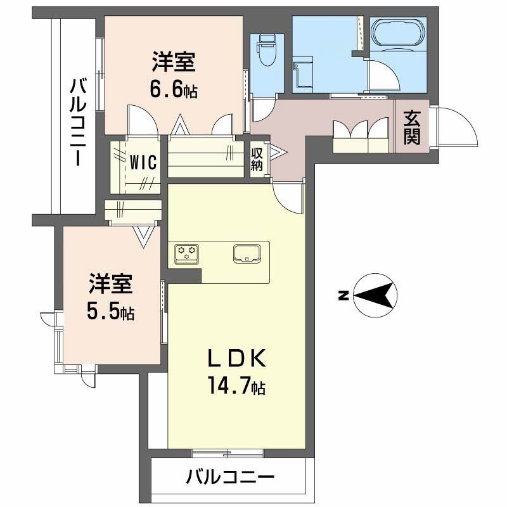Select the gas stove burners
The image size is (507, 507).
(x=188, y=252)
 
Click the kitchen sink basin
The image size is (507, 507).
(x=248, y=253)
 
